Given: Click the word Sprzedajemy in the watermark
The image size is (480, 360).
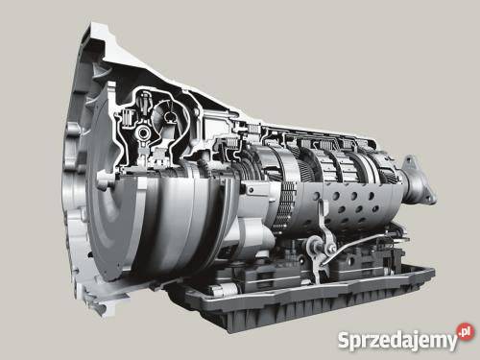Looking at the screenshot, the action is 397,340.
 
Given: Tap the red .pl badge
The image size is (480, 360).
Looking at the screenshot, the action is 466,330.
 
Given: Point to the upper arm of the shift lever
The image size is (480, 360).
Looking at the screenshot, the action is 324,221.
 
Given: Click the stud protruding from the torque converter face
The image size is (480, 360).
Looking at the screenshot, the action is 105,181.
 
